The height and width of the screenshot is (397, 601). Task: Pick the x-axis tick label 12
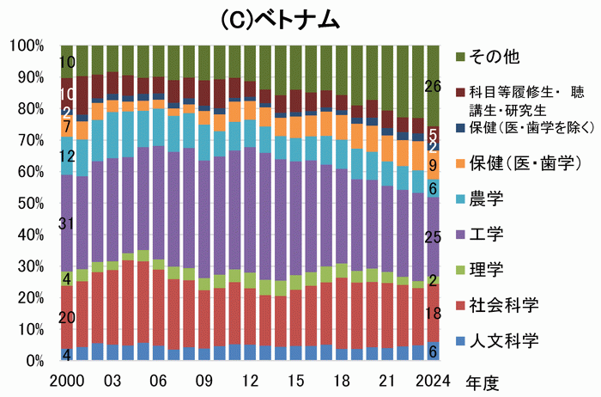[251, 379]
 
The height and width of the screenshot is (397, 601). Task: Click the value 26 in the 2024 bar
[434, 86]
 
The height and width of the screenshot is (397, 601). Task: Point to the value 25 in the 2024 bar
[434, 237]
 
